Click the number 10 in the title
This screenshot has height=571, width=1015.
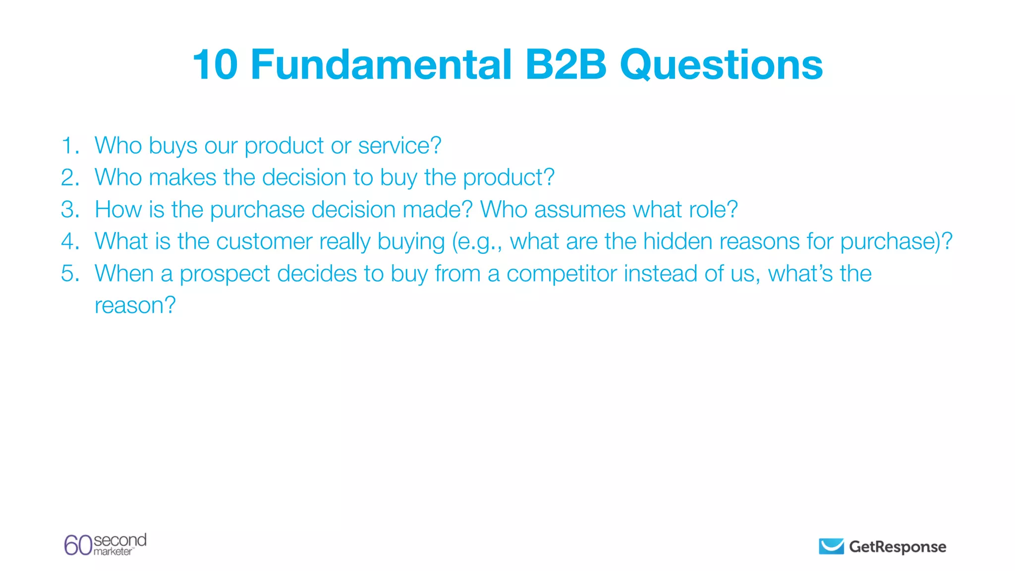(215, 65)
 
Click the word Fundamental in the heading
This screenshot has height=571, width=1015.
(381, 65)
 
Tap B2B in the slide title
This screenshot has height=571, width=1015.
(565, 65)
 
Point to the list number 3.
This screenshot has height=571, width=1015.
(70, 210)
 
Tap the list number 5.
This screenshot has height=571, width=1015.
(70, 274)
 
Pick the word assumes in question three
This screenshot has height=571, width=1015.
(579, 210)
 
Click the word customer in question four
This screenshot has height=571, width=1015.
(264, 242)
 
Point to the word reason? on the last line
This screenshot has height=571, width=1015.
(135, 306)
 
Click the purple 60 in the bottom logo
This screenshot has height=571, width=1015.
(78, 545)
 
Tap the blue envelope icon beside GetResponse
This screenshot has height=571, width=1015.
(831, 546)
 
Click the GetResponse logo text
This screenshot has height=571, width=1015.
(897, 547)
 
